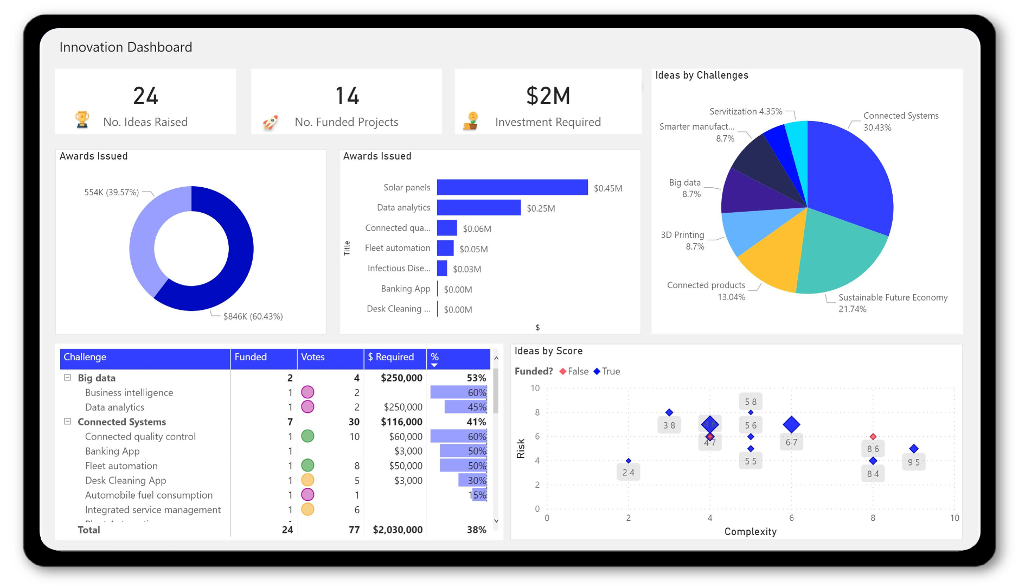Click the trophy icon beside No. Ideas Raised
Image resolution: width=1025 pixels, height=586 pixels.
click(x=82, y=120)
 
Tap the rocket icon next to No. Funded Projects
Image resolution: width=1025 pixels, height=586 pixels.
click(x=270, y=123)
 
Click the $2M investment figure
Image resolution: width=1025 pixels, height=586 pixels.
click(x=548, y=96)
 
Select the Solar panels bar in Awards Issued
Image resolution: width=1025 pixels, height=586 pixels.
click(x=512, y=187)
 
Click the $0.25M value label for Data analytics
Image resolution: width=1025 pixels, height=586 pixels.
click(x=541, y=208)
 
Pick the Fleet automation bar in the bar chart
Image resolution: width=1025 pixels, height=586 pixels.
click(x=445, y=248)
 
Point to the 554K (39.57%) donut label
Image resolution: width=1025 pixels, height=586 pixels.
click(x=111, y=192)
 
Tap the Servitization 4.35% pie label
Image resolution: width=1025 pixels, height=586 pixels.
click(x=746, y=111)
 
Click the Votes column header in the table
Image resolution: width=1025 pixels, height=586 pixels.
click(x=313, y=357)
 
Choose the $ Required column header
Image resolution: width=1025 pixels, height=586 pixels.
click(x=390, y=357)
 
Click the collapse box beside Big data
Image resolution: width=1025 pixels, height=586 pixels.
click(x=68, y=378)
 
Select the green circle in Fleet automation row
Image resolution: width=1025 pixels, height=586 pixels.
click(x=307, y=465)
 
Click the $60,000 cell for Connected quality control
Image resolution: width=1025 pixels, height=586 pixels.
click(x=405, y=436)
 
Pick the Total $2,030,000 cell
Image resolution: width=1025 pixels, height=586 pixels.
click(x=398, y=530)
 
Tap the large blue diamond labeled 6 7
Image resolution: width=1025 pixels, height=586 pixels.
click(x=791, y=424)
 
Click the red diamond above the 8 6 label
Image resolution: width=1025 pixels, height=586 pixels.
click(x=873, y=436)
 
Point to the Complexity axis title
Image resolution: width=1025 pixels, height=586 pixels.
click(x=750, y=531)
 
